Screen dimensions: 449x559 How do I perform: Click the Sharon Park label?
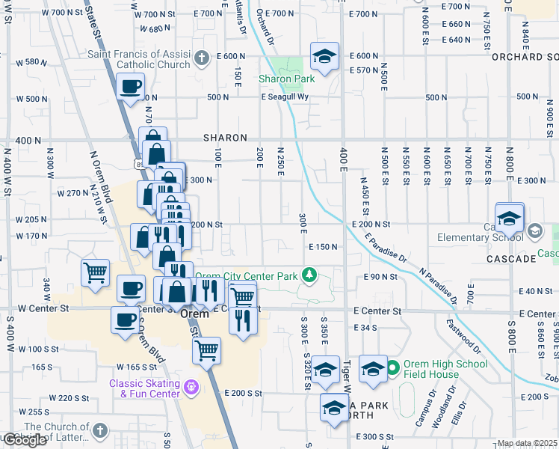286,78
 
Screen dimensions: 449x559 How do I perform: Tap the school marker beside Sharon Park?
324,57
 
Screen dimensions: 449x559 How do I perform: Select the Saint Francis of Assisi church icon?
200,58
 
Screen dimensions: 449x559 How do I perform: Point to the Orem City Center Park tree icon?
308,275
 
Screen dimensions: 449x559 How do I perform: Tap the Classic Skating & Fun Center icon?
191,387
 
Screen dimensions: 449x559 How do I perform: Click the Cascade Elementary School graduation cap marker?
509,219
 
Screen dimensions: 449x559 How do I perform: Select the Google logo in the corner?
25,440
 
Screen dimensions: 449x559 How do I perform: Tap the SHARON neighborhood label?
226,138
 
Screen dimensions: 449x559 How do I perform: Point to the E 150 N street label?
324,247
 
